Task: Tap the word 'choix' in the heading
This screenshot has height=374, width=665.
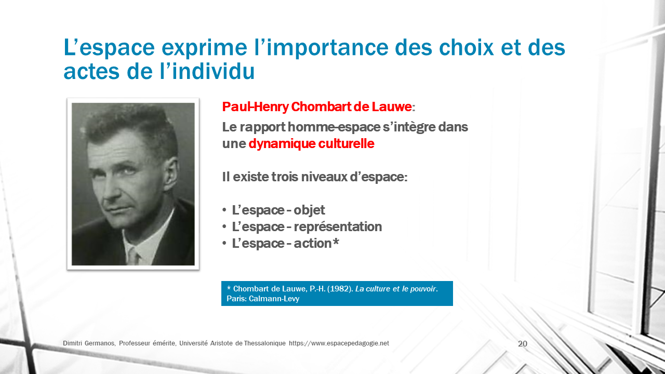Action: coord(466,47)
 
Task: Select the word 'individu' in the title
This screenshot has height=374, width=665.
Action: coord(213,71)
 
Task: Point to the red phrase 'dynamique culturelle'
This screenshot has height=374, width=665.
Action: coord(311,144)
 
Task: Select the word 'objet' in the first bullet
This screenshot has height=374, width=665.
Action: coord(309,210)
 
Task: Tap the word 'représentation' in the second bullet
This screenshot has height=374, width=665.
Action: coord(338,227)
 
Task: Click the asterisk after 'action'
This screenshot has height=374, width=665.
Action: coord(336,242)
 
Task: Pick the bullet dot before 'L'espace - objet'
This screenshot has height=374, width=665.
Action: coord(224,210)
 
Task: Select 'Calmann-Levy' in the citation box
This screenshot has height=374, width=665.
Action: coord(274,299)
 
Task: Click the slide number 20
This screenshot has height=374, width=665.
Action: coord(523,344)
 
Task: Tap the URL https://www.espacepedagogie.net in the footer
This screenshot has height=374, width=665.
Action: coord(339,343)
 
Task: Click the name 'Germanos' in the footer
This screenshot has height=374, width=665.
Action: coord(100,343)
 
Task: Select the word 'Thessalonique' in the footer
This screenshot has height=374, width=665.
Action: coord(264,343)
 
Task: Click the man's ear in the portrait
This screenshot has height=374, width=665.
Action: coord(171,175)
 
